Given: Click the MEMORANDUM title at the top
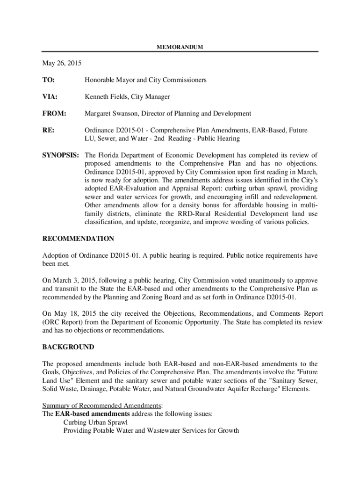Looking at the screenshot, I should (180, 47).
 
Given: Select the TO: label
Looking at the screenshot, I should (49, 80).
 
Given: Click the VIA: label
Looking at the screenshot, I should (50, 97).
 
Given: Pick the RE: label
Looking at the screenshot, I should (48, 131).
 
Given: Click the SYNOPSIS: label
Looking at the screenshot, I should (61, 155).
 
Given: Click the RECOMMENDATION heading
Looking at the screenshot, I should (78, 239).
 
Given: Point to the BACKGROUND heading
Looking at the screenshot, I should (68, 347).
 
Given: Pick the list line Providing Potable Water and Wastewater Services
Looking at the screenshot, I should (151, 430).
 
